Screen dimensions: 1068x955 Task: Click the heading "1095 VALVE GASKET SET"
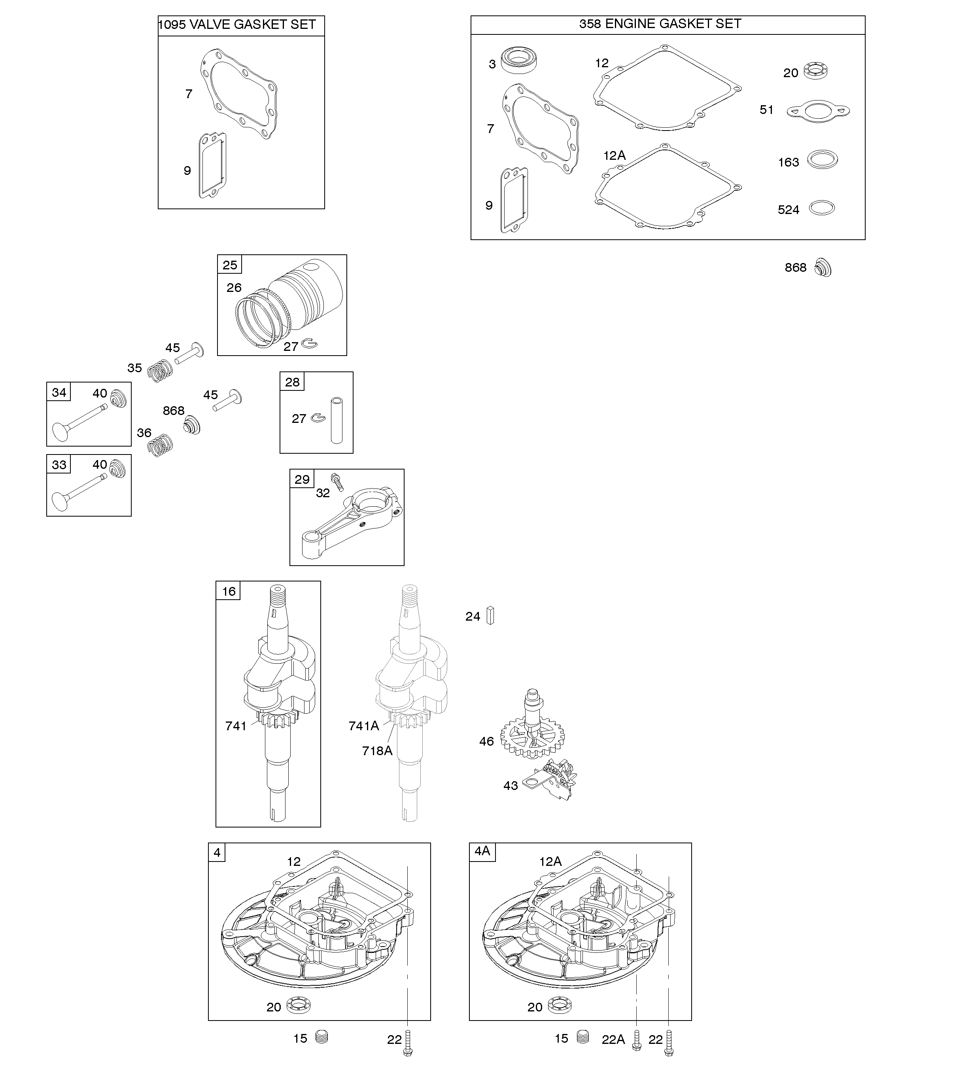[237, 25]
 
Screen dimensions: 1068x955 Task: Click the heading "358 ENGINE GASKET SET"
[660, 24]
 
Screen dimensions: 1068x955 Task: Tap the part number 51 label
[767, 110]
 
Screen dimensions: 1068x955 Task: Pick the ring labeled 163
[822, 159]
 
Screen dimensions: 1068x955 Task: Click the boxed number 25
[230, 265]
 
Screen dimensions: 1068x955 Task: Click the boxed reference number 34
[59, 392]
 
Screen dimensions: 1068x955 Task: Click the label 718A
[377, 751]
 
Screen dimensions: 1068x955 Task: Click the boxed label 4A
[482, 851]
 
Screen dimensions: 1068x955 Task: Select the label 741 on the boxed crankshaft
[236, 726]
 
